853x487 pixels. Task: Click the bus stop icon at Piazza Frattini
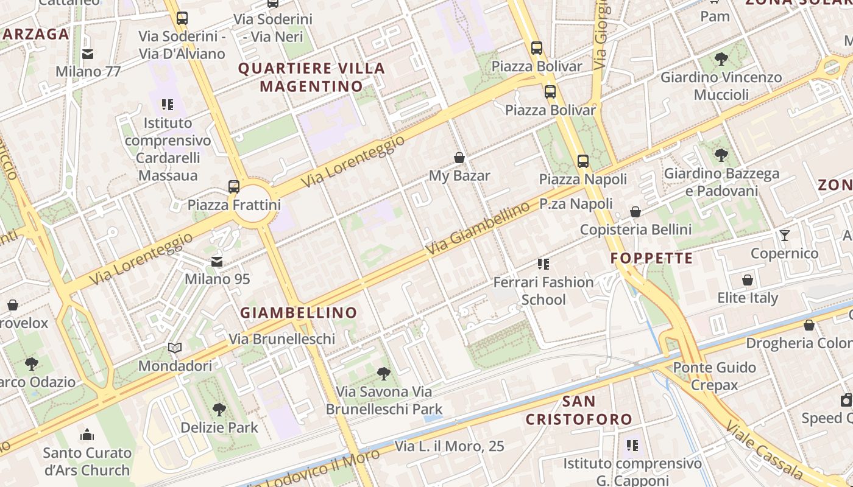coord(234,187)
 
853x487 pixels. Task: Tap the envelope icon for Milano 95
coord(217,262)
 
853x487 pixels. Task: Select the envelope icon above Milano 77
coord(88,54)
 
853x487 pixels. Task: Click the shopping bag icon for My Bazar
coord(459,158)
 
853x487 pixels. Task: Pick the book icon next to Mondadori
coord(175,348)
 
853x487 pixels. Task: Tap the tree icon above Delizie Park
coord(219,410)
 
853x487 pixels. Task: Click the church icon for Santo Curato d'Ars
coord(87,435)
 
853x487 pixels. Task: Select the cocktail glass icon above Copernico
coord(785,236)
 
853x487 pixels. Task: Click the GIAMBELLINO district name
coord(299,313)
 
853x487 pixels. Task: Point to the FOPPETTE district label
coord(652,258)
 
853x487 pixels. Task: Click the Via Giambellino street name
coord(478,229)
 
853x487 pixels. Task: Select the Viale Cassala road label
coord(771,450)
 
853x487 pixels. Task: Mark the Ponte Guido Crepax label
coord(714,376)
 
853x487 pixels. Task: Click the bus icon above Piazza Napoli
coord(583,161)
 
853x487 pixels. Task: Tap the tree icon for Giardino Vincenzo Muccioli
coord(721,59)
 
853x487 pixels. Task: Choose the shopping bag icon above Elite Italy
coord(748,281)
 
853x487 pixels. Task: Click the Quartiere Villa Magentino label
coord(311,77)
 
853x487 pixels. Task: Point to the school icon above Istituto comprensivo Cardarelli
coord(168,105)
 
